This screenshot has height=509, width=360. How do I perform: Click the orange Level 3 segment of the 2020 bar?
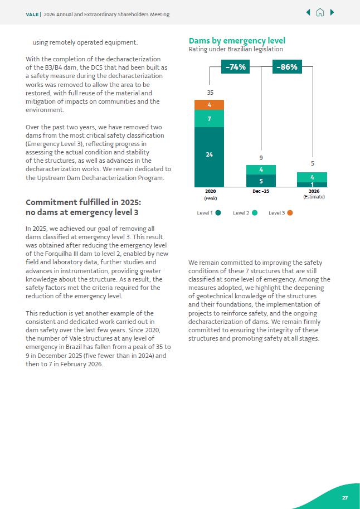209,105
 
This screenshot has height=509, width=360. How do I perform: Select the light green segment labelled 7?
209,119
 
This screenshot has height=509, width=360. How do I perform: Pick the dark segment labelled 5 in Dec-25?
261,181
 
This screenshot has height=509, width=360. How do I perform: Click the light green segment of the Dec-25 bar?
261,169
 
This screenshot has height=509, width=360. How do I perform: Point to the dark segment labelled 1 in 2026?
312,185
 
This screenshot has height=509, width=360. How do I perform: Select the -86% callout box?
287,67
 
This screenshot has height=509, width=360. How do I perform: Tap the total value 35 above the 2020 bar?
210,92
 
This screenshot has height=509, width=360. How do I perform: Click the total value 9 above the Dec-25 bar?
261,158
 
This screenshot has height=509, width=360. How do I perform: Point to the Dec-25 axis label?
261,191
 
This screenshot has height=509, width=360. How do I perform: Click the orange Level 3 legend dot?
290,212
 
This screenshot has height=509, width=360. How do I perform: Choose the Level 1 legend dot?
218,212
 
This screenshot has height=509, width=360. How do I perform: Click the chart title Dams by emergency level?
237,41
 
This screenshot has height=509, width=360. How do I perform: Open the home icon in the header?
320,13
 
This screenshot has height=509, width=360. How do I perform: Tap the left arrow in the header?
308,13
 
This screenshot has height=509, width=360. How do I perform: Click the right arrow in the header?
332,13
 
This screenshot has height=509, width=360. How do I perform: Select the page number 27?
344,497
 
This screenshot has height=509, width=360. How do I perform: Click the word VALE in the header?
32,14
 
